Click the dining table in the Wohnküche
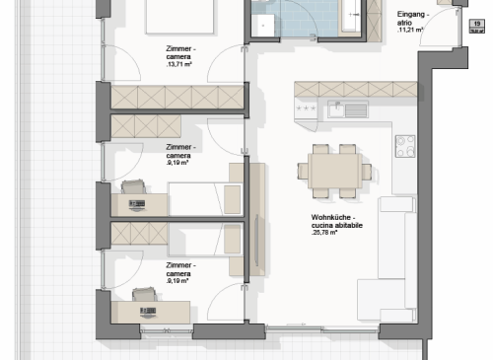coord(335,171)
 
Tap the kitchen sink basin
coord(336,110)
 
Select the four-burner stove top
coord(405,146)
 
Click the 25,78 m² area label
coord(324,233)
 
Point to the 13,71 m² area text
coord(179,64)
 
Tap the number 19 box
coord(477,26)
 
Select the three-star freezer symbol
coord(306,108)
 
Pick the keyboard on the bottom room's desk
coord(148,311)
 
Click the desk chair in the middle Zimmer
coord(133,187)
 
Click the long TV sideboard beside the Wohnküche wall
coord(257,219)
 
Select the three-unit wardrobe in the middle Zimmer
coord(146,126)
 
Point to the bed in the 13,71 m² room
coord(179,17)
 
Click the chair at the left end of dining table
coord(303,172)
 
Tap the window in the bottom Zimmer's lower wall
coord(167,330)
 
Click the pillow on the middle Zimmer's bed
coord(232,199)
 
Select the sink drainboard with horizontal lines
coord(356,110)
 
